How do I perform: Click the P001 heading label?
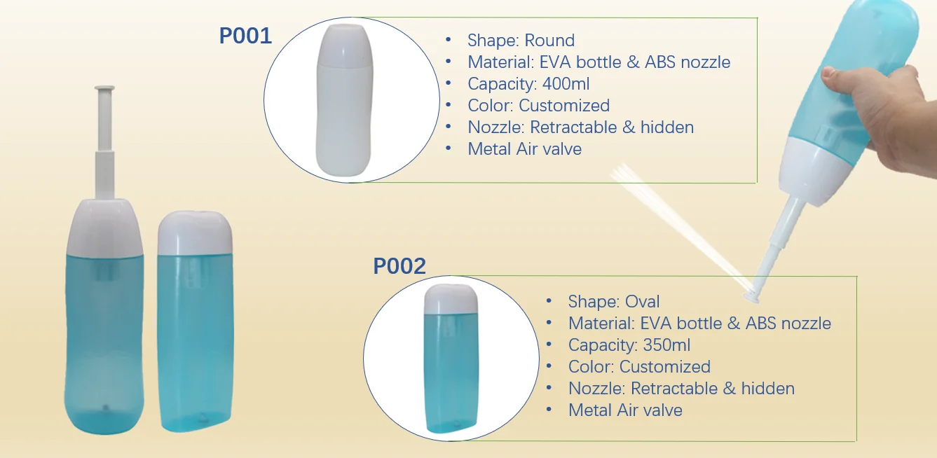pyautogui.click(x=245, y=36)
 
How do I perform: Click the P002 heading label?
pyautogui.click(x=399, y=266)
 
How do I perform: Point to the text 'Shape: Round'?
pyautogui.click(x=521, y=41)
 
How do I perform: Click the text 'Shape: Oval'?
pyautogui.click(x=614, y=302)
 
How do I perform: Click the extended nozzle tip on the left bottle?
pyautogui.click(x=105, y=89)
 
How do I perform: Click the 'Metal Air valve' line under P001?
pyautogui.click(x=524, y=149)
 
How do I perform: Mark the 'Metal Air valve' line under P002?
pyautogui.click(x=625, y=410)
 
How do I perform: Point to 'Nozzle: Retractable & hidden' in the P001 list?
pyautogui.click(x=580, y=127)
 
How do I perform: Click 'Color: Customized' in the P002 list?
pyautogui.click(x=639, y=367)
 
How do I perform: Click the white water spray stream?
pyautogui.click(x=673, y=224)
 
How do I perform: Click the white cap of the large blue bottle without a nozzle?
pyautogui.click(x=195, y=235)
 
